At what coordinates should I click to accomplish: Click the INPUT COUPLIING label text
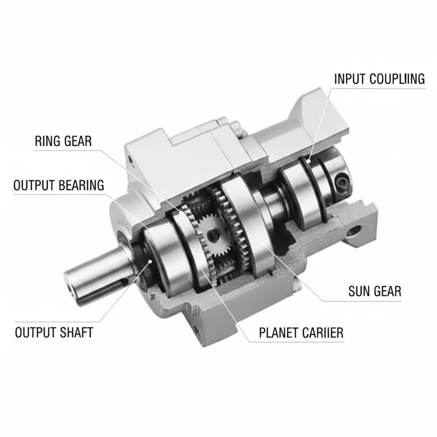379,79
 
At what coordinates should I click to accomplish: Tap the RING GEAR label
63,141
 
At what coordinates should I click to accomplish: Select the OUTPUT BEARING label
59,185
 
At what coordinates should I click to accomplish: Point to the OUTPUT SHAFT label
54,332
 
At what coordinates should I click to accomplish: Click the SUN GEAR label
375,291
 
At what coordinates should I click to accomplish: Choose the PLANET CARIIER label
301,332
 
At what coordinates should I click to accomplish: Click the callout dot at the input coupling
308,161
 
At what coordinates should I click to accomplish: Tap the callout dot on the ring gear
182,213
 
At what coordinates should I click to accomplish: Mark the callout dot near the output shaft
150,261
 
